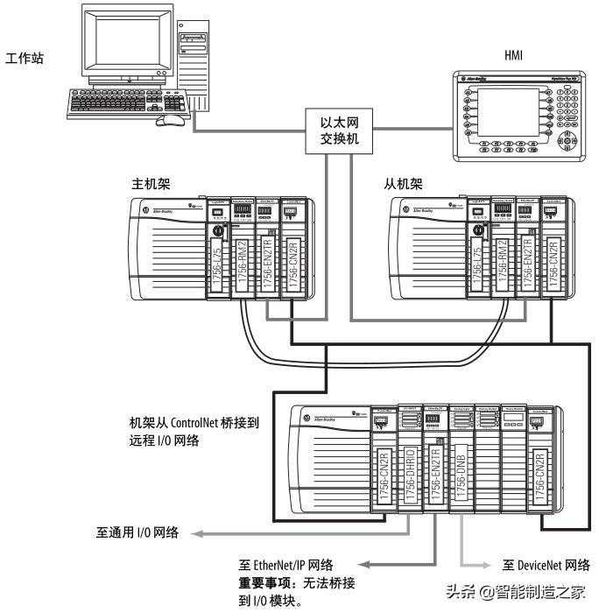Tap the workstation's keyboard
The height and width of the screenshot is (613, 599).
(123, 103)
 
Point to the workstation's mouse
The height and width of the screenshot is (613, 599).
(175, 118)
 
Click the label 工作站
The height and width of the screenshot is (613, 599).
(25, 59)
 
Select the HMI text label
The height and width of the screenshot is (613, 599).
(514, 54)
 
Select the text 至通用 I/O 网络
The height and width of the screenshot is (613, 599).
(137, 532)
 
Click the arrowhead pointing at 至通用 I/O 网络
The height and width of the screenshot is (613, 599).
(199, 532)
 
